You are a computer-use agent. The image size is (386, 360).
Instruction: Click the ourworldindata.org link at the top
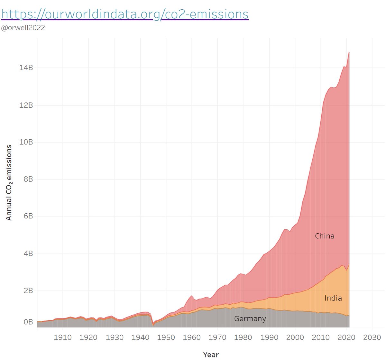125,14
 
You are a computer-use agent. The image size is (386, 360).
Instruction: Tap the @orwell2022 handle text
23,28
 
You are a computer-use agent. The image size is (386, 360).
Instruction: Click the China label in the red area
325,236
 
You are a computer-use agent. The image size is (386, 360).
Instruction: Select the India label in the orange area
333,298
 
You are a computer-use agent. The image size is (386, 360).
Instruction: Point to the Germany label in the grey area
250,319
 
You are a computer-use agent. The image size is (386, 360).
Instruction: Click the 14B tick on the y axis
26,68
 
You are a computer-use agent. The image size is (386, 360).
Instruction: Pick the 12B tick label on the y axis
26,106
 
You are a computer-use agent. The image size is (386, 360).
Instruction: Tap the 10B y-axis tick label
26,142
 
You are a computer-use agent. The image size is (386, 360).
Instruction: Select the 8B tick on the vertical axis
28,179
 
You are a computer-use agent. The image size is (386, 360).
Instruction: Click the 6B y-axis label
28,216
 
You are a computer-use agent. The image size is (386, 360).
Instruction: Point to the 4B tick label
28,254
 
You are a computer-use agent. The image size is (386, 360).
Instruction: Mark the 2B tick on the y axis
28,291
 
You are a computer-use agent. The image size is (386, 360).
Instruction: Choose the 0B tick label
28,322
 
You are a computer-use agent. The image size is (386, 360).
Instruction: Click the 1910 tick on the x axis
63,337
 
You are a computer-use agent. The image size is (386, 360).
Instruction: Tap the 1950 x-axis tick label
166,337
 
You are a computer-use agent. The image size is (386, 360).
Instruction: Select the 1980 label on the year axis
243,337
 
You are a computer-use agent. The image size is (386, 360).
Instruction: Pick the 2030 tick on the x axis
372,337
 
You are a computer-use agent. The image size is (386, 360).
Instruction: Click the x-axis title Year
211,355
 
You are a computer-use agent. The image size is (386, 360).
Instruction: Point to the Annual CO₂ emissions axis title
9,182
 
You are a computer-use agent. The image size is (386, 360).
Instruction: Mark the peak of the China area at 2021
349,52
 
